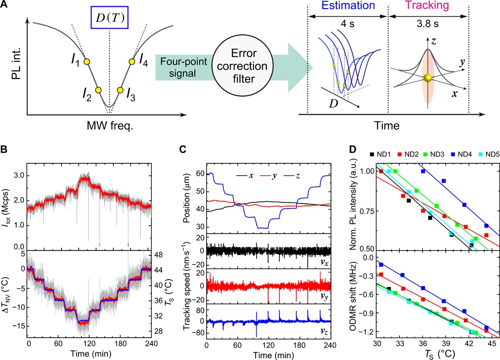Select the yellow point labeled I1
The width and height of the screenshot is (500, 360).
pyautogui.click(x=87, y=61)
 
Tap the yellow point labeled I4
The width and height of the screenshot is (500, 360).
pyautogui.click(x=132, y=61)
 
